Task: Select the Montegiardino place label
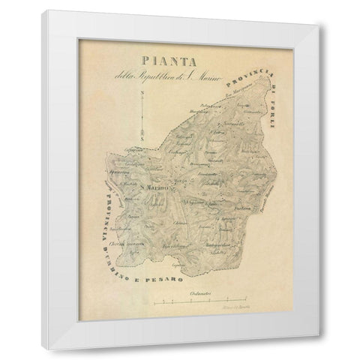click(224, 244)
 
